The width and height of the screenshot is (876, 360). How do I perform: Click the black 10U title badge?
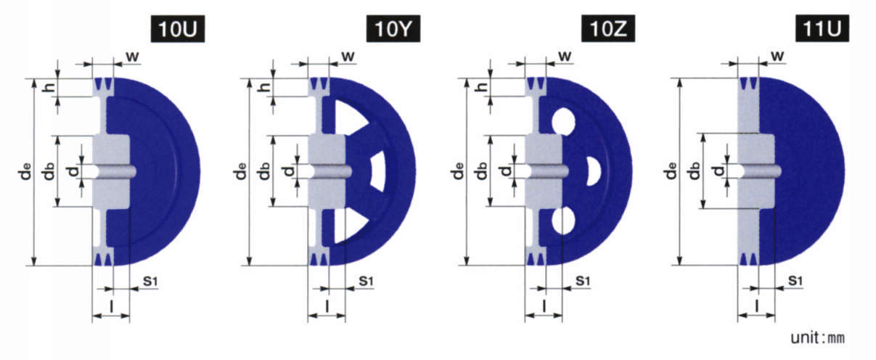(x=178, y=29)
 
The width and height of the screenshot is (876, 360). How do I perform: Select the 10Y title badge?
(x=393, y=29)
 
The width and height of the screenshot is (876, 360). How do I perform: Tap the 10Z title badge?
(x=608, y=29)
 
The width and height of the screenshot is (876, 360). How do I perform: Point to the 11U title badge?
(x=822, y=29)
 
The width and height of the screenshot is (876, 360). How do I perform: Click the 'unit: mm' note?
(x=818, y=337)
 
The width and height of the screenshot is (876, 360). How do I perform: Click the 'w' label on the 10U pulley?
(x=133, y=57)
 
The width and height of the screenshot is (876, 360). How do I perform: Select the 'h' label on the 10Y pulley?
(x=266, y=86)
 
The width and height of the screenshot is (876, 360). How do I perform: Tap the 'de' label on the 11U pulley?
(x=671, y=171)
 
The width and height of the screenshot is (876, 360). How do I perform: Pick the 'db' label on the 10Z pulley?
(x=481, y=171)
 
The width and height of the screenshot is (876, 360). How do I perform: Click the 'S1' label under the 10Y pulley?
(x=366, y=281)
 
